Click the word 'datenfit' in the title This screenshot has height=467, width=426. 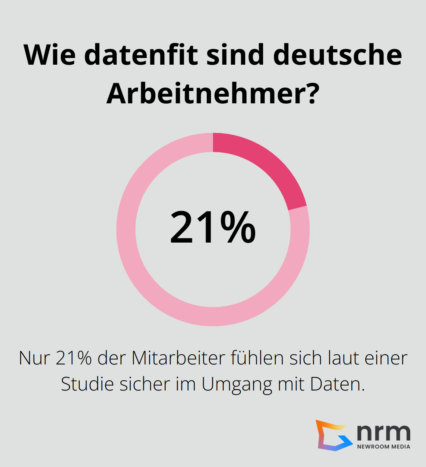tap(141, 55)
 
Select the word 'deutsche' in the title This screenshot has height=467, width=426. tap(337, 55)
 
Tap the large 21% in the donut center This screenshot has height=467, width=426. tap(213, 228)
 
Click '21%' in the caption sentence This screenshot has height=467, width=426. tap(74, 358)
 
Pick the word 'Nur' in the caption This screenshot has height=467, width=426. tap(35, 358)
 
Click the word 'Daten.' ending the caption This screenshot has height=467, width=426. tap(338, 384)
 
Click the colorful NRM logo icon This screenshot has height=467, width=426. tap(333, 435)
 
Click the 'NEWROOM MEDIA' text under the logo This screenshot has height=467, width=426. tap(383, 446)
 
